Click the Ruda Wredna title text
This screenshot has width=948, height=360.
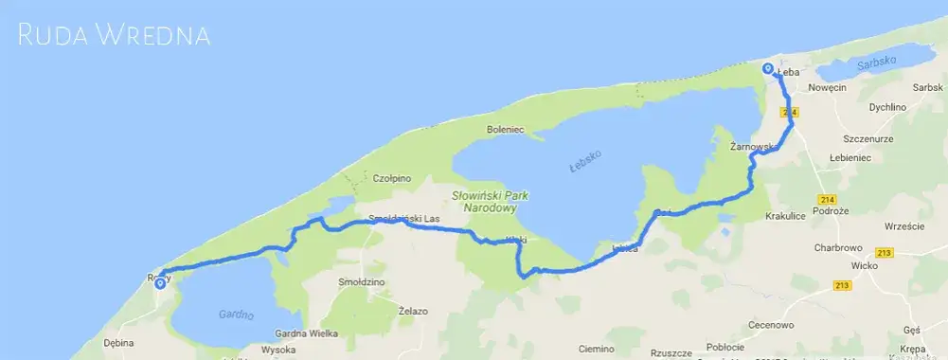(x=115, y=36)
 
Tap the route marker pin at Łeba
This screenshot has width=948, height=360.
(x=767, y=69)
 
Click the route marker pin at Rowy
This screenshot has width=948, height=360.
(x=160, y=282)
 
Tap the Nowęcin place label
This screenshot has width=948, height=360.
(x=828, y=87)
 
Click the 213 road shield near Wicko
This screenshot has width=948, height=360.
(x=885, y=252)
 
